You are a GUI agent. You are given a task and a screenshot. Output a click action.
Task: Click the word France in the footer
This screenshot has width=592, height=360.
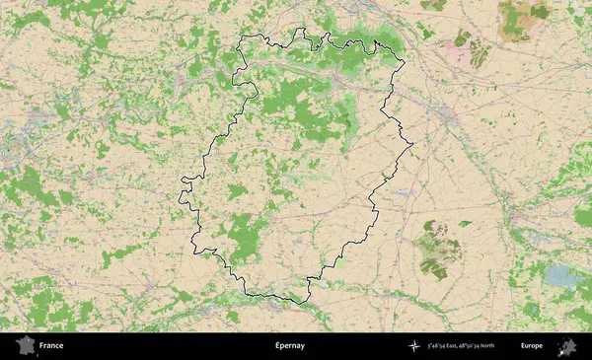click(51, 346)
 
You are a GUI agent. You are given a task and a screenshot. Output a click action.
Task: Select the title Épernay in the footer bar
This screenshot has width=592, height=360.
click(290, 346)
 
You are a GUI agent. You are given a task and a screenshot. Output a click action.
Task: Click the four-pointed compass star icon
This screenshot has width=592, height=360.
click(414, 346)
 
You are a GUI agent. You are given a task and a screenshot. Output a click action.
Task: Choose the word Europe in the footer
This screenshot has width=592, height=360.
click(532, 346)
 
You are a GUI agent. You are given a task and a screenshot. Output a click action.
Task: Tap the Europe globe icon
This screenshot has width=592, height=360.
click(567, 346)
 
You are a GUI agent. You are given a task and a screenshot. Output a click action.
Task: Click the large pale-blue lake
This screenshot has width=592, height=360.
click(563, 275)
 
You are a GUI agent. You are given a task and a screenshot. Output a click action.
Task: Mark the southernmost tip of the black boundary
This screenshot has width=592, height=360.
click(292, 300)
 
